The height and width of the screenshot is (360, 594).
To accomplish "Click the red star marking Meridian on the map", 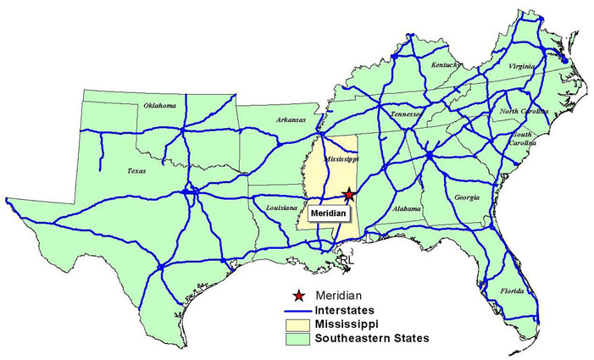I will pyautogui.click(x=347, y=195).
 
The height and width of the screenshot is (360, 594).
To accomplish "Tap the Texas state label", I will pyautogui.click(x=136, y=170).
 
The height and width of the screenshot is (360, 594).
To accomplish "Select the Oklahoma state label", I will pyautogui.click(x=159, y=106).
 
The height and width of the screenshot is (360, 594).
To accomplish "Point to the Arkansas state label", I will pyautogui.click(x=290, y=120).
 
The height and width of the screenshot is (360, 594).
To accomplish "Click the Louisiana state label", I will pyautogui.click(x=281, y=208).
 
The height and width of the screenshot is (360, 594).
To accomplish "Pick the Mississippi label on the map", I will pyautogui.click(x=342, y=158).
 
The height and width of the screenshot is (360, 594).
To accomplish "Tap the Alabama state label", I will pyautogui.click(x=407, y=208).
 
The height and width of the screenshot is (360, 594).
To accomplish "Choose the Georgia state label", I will pyautogui.click(x=466, y=197).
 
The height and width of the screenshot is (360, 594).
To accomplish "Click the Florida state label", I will pyautogui.click(x=512, y=291).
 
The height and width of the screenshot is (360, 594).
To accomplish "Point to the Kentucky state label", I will pyautogui.click(x=445, y=64).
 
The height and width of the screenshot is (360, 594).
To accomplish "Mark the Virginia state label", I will pyautogui.click(x=520, y=66).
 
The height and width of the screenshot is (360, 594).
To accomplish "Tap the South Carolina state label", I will pyautogui.click(x=521, y=139).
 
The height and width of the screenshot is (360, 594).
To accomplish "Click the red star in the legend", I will pyautogui.click(x=298, y=296).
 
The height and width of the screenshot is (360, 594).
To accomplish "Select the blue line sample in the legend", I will pyautogui.click(x=298, y=310).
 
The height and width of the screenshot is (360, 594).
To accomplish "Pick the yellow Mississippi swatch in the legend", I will pyautogui.click(x=298, y=324).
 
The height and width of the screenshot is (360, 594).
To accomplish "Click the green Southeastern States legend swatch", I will pyautogui.click(x=298, y=339).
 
